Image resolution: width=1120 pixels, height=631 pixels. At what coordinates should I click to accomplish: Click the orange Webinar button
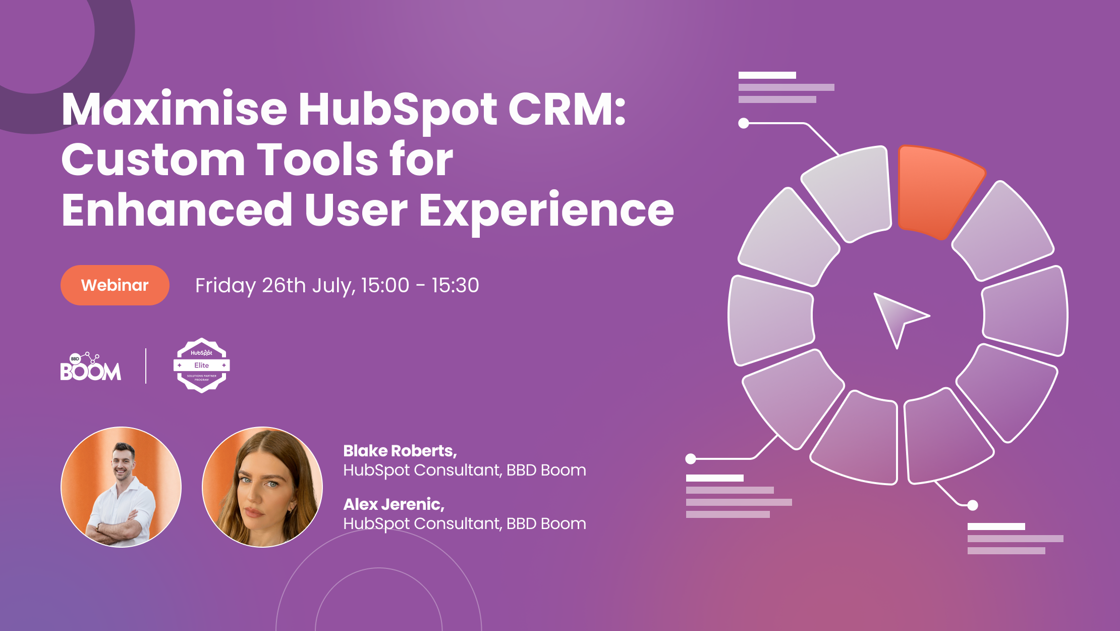point(115,285)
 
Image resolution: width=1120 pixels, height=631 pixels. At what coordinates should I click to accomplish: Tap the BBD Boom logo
point(91,366)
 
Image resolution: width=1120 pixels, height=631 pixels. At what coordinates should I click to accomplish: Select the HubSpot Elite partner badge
point(201,365)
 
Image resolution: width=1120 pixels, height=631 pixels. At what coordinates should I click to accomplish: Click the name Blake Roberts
point(400,451)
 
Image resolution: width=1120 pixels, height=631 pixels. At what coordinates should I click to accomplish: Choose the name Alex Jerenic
point(394,504)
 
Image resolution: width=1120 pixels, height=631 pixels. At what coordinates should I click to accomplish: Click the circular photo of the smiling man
point(121,487)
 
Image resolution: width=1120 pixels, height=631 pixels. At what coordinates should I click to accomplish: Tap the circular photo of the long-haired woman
point(262,487)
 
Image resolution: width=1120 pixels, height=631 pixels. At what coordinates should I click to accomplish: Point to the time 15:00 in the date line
point(385,286)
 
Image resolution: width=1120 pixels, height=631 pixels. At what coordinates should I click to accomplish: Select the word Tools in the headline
point(318,160)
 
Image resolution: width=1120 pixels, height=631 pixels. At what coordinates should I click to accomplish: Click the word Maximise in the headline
point(174,110)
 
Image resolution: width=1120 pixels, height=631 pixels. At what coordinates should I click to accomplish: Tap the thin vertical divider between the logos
point(146,366)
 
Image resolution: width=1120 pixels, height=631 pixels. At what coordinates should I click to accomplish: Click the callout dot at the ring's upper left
point(743,123)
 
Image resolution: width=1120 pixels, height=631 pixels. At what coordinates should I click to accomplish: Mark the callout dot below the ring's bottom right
point(973,505)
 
